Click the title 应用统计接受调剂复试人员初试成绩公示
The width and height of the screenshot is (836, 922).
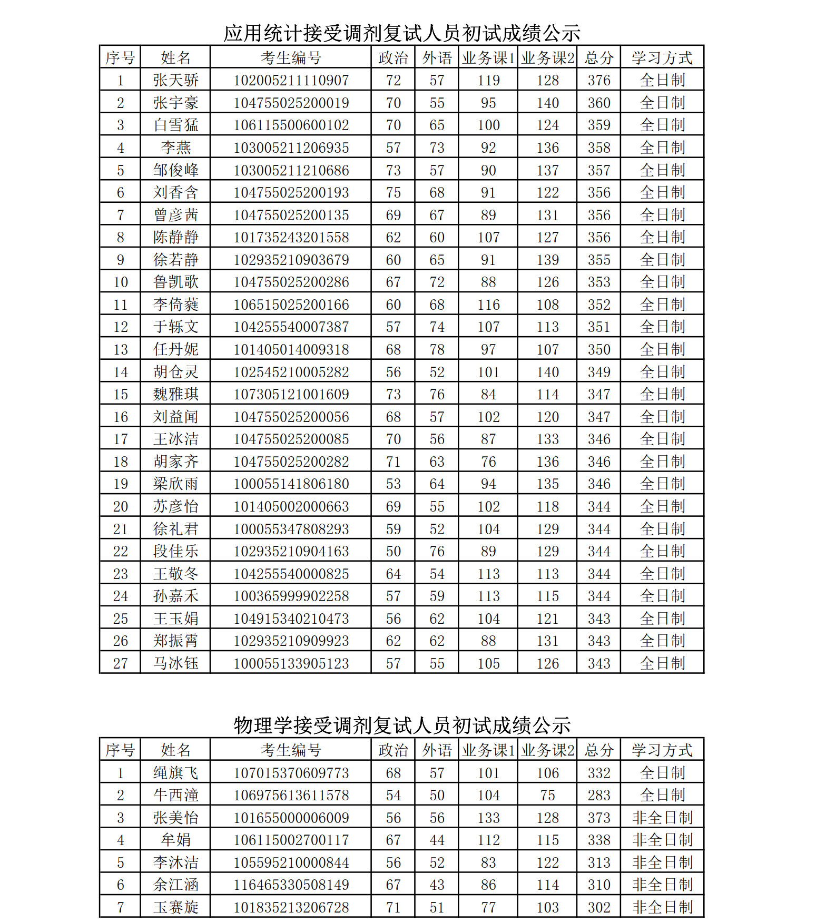point(402,33)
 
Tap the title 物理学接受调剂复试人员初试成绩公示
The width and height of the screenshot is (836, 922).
point(402,725)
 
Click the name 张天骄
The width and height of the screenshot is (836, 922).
point(176,80)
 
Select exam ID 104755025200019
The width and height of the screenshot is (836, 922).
point(291,103)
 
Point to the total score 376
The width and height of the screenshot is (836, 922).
point(599,80)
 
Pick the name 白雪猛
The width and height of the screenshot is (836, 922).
point(176,125)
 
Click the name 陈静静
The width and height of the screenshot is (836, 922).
point(176,237)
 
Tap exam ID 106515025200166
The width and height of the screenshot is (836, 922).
point(291,305)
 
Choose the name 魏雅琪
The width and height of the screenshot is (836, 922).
point(176,394)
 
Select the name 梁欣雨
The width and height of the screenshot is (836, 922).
point(176,484)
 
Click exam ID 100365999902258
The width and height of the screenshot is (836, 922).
point(291,596)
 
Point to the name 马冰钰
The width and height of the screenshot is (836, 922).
point(176,663)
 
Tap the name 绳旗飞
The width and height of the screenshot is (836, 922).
point(176,773)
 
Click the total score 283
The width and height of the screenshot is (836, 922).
point(599,795)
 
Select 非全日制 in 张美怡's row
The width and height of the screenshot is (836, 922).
point(662,818)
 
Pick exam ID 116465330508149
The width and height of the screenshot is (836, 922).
point(291,885)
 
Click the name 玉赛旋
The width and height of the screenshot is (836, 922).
point(176,907)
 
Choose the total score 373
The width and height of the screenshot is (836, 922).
point(599,818)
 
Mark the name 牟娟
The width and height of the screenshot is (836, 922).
point(176,840)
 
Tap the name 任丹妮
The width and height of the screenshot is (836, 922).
point(176,349)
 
